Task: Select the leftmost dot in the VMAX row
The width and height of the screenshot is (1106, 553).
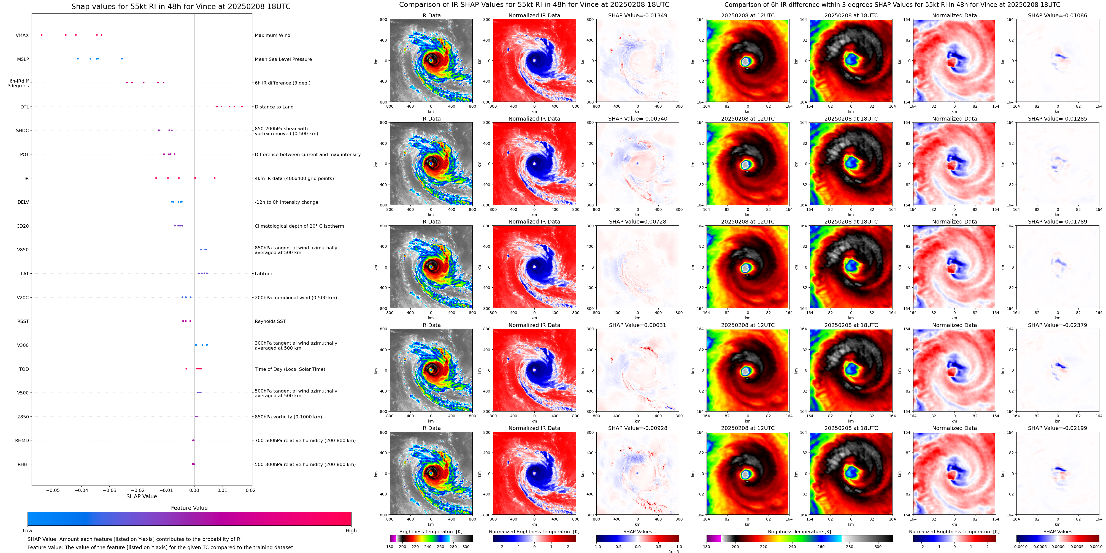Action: tap(42, 35)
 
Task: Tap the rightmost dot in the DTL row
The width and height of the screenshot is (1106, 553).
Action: tap(242, 107)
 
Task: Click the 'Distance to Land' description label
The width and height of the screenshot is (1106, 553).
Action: tap(274, 107)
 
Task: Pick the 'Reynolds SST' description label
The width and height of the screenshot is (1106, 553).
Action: tap(270, 321)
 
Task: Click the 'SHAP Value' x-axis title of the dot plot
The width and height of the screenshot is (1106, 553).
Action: tap(141, 496)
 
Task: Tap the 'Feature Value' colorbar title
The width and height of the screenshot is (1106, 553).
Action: tap(189, 508)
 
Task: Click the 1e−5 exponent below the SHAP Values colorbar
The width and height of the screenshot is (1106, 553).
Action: tap(673, 551)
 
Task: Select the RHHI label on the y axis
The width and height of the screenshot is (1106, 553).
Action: tap(23, 464)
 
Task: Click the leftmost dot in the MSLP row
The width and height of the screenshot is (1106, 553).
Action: tap(78, 59)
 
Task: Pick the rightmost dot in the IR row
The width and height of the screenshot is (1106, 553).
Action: tap(215, 178)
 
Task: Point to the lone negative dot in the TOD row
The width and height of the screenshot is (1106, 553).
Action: tap(186, 369)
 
